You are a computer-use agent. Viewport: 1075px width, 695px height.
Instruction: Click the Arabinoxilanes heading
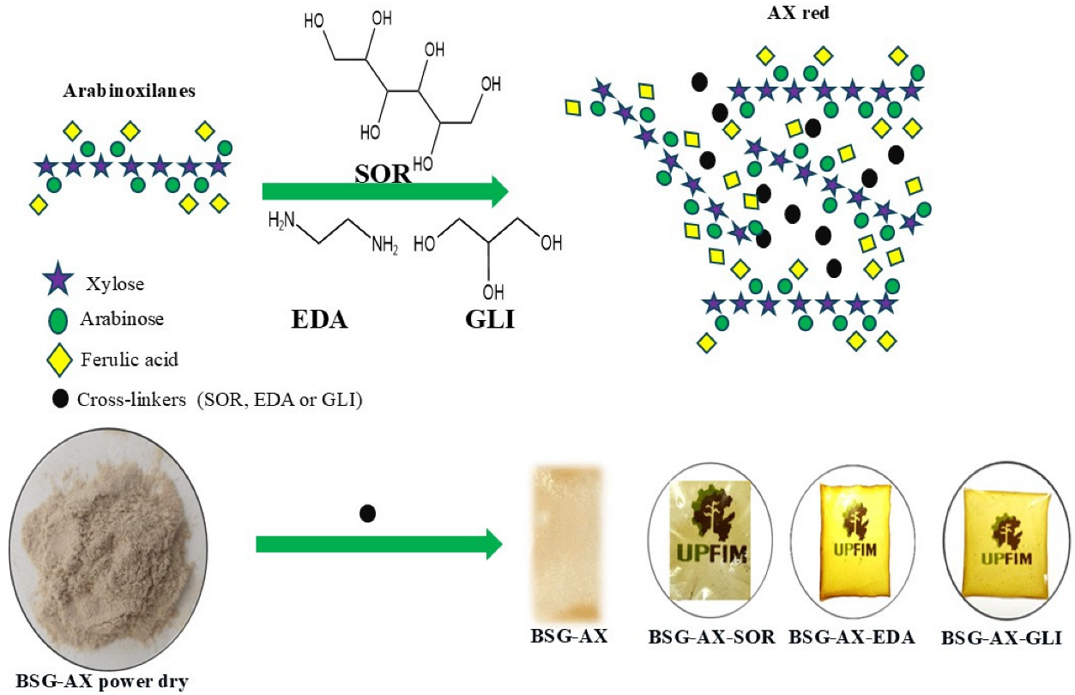pyautogui.click(x=130, y=92)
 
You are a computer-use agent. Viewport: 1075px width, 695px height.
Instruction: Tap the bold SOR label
pyautogui.click(x=383, y=172)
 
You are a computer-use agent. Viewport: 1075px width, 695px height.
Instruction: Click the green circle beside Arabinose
pyautogui.click(x=58, y=320)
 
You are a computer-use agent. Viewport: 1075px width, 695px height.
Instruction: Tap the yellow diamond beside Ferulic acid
pyautogui.click(x=58, y=358)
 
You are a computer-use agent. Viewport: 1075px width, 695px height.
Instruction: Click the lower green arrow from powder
pyautogui.click(x=377, y=543)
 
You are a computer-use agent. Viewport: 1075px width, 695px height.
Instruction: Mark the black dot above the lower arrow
pyautogui.click(x=368, y=513)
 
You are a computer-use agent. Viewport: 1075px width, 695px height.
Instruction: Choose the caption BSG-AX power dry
pyautogui.click(x=102, y=682)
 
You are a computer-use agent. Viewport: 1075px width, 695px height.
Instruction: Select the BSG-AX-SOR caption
pyautogui.click(x=712, y=638)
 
